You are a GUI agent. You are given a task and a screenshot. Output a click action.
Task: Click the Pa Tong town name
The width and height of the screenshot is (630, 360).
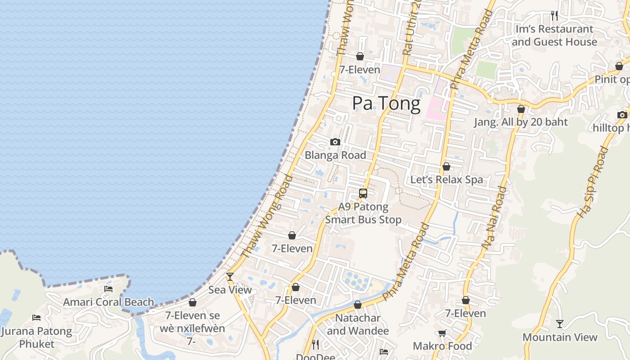(386, 103)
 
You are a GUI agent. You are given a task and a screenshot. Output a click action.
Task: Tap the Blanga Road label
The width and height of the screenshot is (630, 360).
(335, 155)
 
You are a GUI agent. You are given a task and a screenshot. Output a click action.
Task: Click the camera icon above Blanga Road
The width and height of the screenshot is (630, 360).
(335, 142)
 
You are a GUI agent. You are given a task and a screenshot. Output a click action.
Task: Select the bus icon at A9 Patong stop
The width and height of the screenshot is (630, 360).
(363, 193)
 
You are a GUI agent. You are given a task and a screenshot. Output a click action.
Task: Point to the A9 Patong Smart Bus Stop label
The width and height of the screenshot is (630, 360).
(363, 213)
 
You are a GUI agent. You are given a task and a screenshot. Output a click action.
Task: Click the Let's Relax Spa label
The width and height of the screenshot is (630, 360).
(446, 180)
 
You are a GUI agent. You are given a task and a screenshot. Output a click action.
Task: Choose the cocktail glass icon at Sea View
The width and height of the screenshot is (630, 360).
(230, 277)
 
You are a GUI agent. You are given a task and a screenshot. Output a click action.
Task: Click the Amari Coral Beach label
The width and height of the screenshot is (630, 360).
(108, 302)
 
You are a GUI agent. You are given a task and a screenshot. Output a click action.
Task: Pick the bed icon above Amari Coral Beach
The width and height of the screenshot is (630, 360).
(108, 289)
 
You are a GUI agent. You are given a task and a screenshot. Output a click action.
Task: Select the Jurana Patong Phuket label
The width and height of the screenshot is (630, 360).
(36, 337)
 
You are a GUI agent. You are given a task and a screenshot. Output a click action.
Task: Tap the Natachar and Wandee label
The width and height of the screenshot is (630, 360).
(358, 324)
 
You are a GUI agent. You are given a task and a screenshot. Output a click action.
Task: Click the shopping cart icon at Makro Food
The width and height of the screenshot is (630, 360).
(442, 333)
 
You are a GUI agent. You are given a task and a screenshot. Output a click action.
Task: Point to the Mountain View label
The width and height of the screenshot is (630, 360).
(560, 337)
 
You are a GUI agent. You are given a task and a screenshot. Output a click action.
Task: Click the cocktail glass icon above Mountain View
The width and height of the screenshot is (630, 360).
(560, 324)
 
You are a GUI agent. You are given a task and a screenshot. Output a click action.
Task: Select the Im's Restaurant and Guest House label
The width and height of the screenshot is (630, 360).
(554, 36)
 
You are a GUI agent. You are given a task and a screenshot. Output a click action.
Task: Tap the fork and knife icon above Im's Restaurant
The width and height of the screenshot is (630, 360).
(554, 16)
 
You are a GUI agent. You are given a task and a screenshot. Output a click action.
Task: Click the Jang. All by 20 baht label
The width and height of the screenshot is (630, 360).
(521, 122)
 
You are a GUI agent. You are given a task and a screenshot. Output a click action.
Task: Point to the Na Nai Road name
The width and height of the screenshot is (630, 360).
(494, 218)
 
